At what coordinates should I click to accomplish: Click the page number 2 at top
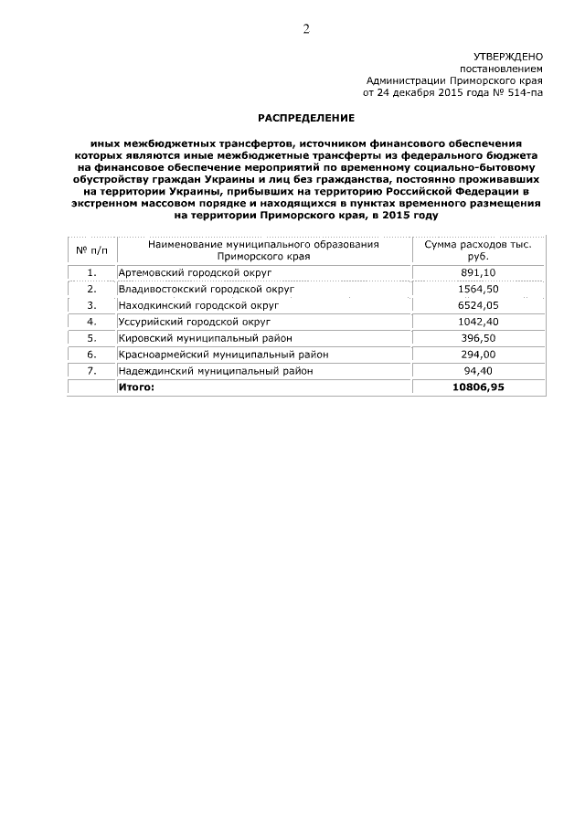tap(306, 28)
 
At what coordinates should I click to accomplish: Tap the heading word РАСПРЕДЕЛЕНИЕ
tap(304, 119)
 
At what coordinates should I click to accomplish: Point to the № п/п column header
tap(91, 250)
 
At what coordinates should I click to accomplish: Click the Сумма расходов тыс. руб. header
tap(478, 250)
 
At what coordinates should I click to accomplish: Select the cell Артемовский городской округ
tap(190, 272)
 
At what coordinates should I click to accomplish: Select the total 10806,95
tap(478, 387)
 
